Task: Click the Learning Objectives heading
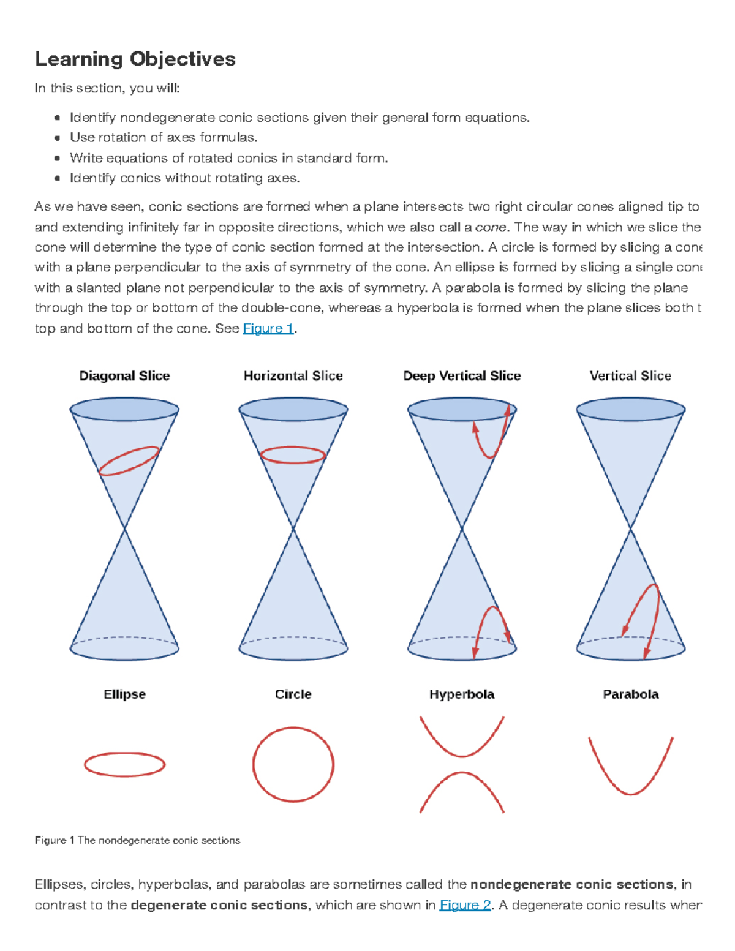pos(135,59)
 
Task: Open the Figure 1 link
pos(268,329)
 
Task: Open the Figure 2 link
pos(465,905)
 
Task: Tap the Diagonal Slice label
pos(124,376)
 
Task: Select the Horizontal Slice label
pos(293,376)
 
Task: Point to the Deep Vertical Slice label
pos(462,376)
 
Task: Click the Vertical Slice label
pos(630,376)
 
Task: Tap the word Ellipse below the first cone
pos(124,694)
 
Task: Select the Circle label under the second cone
pos(293,694)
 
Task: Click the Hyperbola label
pos(462,694)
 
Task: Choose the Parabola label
pos(630,694)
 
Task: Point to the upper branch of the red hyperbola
pos(462,756)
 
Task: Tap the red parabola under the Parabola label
pos(630,794)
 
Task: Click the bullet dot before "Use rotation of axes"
pos(57,138)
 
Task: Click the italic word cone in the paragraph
pos(491,228)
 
